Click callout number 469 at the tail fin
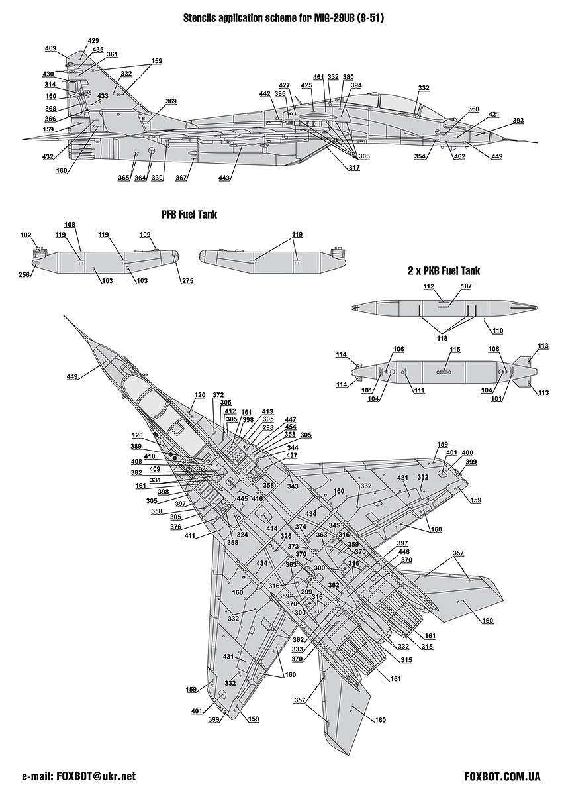50,48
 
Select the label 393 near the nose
518,120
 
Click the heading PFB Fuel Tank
189,215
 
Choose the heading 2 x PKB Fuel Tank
444,271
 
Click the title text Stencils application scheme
284,19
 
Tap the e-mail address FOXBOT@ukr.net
79,776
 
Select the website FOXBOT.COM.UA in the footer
503,776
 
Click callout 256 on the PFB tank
24,276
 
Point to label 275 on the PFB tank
187,282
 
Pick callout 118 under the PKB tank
442,337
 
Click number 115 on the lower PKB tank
455,349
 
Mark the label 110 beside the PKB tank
498,330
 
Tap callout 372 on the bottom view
218,394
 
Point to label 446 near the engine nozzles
403,551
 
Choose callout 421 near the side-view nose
494,114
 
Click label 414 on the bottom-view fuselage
271,528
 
